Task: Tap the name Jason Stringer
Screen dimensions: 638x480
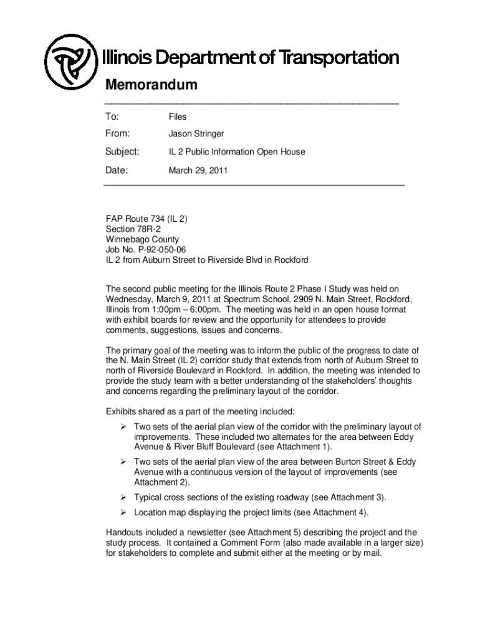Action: point(196,134)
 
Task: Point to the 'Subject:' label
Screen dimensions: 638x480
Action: point(122,151)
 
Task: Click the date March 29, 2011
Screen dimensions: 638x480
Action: point(198,169)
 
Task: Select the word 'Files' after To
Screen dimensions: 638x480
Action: point(178,117)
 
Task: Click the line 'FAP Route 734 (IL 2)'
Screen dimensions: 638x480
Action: point(146,219)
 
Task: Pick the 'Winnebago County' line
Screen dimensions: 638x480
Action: point(142,239)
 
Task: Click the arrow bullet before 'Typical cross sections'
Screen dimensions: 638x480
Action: point(123,497)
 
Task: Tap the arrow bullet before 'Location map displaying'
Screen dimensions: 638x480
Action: point(123,513)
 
